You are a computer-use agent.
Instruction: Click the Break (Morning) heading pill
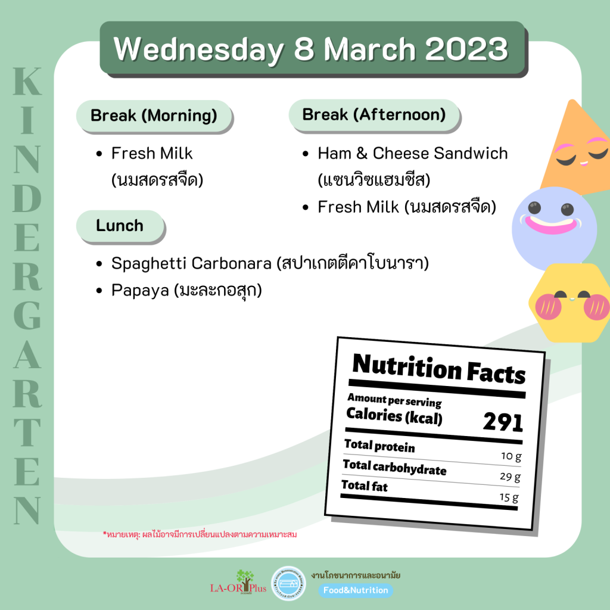tap(154, 116)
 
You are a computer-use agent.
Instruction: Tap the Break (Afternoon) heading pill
tap(374, 115)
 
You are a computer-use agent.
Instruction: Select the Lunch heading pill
tap(120, 226)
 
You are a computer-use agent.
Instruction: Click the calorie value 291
tap(503, 422)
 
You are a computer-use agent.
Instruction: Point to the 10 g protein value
tap(511, 456)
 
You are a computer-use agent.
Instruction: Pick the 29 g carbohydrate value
tap(510, 477)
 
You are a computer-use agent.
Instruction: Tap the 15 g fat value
tap(509, 497)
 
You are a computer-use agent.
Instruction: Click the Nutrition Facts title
tap(439, 368)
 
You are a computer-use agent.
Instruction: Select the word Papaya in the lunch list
tap(140, 291)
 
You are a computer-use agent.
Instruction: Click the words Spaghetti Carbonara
tap(191, 263)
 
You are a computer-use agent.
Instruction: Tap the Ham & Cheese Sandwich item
tap(413, 153)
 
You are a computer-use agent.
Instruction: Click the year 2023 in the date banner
tap(467, 49)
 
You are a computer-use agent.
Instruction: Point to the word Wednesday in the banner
tap(199, 50)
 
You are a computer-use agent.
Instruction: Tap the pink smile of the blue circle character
tap(551, 225)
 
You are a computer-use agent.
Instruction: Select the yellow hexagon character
tap(569, 303)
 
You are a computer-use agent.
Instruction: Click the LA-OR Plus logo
tap(238, 583)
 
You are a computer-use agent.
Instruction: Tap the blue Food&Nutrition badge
tap(356, 590)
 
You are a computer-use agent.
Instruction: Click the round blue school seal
tap(288, 583)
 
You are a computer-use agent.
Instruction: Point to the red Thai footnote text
tap(200, 534)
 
